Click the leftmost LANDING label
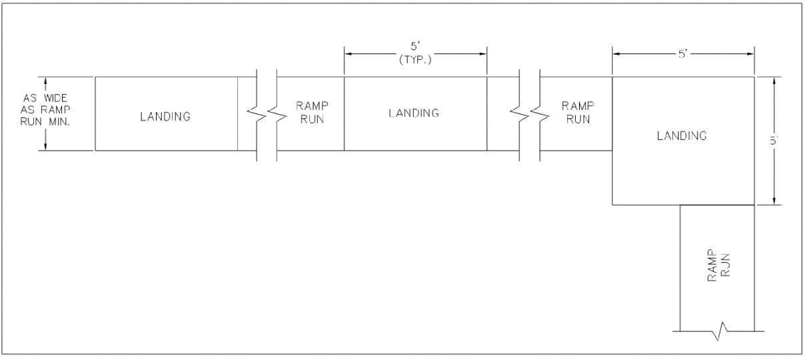pos(165,117)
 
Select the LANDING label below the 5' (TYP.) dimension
pos(414,113)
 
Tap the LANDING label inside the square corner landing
pos(682,135)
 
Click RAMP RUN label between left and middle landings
pos(311,113)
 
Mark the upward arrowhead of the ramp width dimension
pos(45,81)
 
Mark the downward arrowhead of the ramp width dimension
pos(45,147)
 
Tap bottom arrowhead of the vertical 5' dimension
pos(774,201)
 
